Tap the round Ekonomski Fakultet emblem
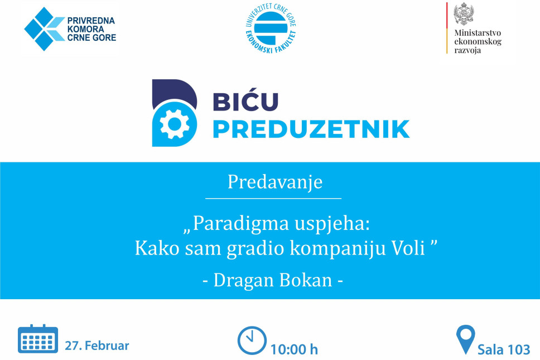tap(271, 28)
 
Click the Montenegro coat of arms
tap(464, 14)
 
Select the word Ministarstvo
tap(478, 33)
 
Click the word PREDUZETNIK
tap(311, 129)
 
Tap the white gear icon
tap(175, 124)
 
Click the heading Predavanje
tap(275, 182)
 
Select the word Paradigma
tap(240, 223)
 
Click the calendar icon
tap(38, 339)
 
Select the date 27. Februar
tap(97, 345)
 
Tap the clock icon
tap(252, 340)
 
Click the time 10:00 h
tap(294, 349)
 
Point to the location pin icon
tap(466, 339)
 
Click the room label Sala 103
tap(504, 349)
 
